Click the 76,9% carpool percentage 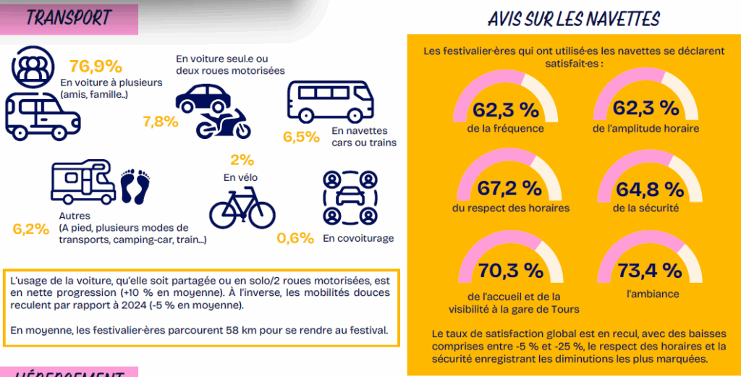(x=96, y=67)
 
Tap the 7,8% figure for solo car (x=161, y=122)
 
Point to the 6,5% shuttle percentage (x=302, y=137)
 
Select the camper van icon (x=83, y=182)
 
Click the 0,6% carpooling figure (x=296, y=237)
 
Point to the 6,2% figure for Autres (x=30, y=229)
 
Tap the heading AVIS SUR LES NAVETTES (x=574, y=19)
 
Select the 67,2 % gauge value (x=509, y=189)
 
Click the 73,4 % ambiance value (x=649, y=271)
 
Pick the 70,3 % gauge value (x=511, y=271)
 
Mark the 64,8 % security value (x=650, y=190)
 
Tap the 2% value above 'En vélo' (x=242, y=160)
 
